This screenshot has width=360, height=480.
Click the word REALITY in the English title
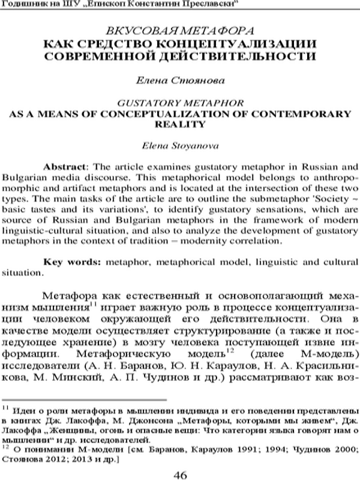pos(181,124)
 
